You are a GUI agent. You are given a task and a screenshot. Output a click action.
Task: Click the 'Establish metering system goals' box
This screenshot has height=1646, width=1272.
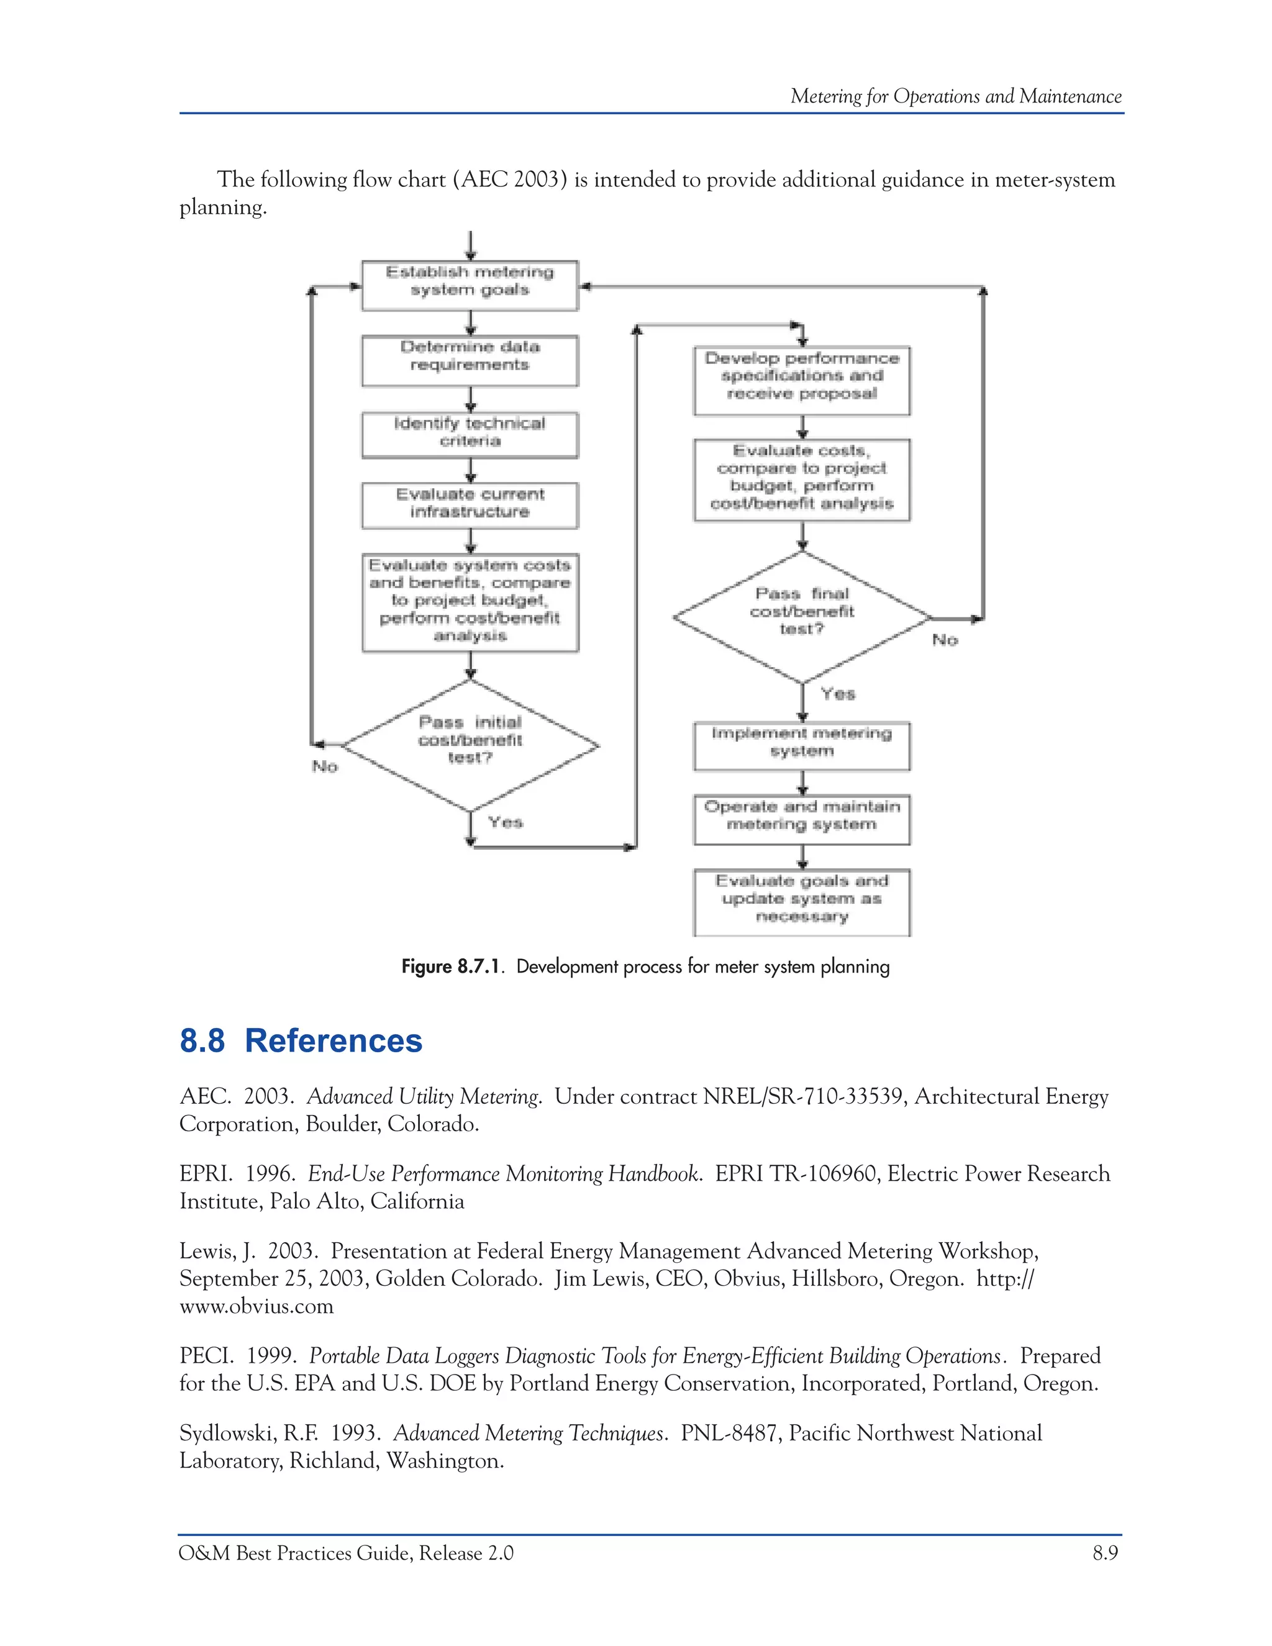(470, 285)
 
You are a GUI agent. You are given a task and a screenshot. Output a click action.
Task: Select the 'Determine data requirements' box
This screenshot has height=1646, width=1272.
(470, 360)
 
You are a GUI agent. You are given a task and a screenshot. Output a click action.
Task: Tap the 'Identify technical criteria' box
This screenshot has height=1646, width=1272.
(470, 434)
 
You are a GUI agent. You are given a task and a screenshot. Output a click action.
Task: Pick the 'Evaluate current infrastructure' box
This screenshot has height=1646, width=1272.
(470, 505)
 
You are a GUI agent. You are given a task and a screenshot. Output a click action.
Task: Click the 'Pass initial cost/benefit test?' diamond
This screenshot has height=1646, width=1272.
(470, 745)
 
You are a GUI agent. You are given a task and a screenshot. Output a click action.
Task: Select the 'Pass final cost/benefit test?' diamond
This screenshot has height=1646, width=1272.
(802, 617)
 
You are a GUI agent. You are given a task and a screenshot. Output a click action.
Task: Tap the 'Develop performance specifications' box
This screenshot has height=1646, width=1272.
(802, 380)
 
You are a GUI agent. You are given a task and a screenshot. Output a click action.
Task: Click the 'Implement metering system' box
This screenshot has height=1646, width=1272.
(802, 745)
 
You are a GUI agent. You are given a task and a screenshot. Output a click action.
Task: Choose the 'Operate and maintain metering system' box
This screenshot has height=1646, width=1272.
(802, 819)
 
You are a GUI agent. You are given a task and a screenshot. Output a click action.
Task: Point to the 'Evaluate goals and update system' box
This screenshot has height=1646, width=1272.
(802, 901)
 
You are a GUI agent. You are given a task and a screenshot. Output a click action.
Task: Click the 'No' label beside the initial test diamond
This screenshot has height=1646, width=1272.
(325, 766)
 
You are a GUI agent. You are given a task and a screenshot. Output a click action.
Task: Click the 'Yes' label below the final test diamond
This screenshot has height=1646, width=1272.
(838, 694)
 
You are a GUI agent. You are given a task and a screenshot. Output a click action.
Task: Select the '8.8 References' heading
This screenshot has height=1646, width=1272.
(301, 1041)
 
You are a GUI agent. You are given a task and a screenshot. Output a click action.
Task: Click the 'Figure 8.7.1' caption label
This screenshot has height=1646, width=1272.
(451, 967)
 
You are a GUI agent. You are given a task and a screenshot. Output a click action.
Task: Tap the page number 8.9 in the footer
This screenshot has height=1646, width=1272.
(1105, 1553)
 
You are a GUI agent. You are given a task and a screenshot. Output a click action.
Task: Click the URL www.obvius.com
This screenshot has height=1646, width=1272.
(257, 1306)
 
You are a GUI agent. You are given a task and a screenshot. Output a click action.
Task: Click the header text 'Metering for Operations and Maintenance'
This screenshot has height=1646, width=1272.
(955, 96)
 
